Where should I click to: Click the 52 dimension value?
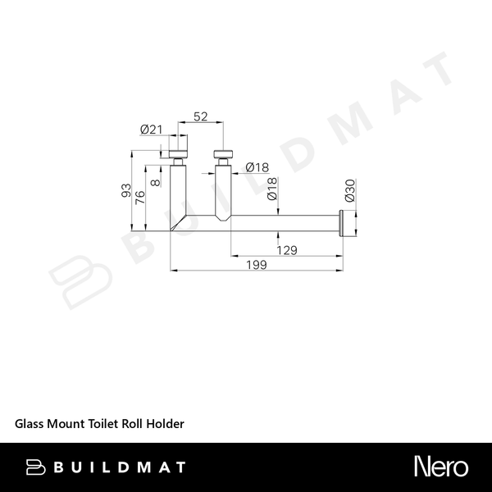(x=201, y=116)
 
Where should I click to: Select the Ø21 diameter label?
(x=151, y=130)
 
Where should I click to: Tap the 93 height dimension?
(x=126, y=190)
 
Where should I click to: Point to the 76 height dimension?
(x=140, y=197)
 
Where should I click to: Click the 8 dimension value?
(x=156, y=182)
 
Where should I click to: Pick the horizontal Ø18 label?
(x=257, y=167)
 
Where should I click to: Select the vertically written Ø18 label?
(x=272, y=189)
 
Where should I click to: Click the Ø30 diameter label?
(x=349, y=190)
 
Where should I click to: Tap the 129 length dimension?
(x=287, y=250)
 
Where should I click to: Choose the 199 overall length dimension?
(x=257, y=265)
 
